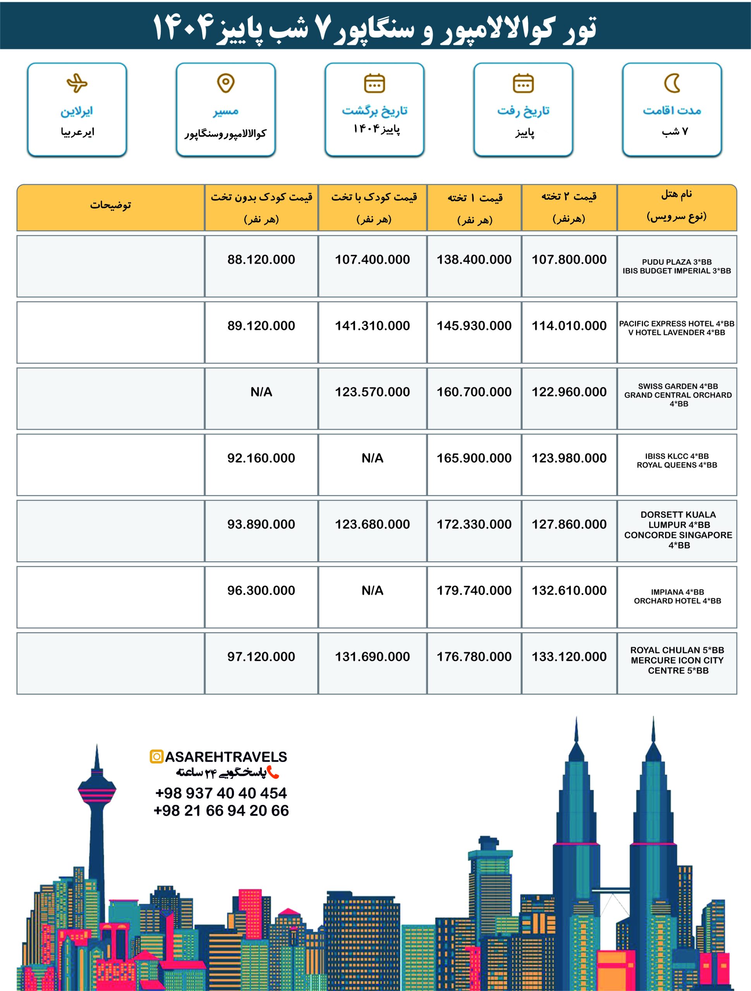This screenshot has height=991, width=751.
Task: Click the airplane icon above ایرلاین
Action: point(77,83)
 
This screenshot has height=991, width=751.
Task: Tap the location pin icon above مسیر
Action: point(225,83)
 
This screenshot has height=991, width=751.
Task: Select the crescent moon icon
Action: point(672,83)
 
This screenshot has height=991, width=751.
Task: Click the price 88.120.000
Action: point(261,259)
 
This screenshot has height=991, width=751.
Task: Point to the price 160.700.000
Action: point(474,392)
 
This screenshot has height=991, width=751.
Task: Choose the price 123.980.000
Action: point(569,458)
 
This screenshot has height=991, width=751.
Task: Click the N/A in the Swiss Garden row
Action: point(261,392)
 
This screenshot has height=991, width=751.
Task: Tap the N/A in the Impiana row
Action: point(372,590)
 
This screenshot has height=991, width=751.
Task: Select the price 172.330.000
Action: point(474,524)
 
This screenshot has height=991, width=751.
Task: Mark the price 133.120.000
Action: point(569,657)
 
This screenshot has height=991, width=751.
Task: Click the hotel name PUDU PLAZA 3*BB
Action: point(677,262)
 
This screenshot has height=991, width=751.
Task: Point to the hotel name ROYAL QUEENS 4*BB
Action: point(677,465)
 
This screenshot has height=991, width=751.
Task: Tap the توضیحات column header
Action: point(110,205)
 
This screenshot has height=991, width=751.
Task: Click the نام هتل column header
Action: point(677,194)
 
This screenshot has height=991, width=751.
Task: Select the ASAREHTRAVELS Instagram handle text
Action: point(226,757)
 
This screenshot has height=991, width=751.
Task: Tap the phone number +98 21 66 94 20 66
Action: point(221,811)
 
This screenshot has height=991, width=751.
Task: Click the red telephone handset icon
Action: point(273,772)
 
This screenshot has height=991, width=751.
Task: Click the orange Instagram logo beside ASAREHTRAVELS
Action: point(156,757)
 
